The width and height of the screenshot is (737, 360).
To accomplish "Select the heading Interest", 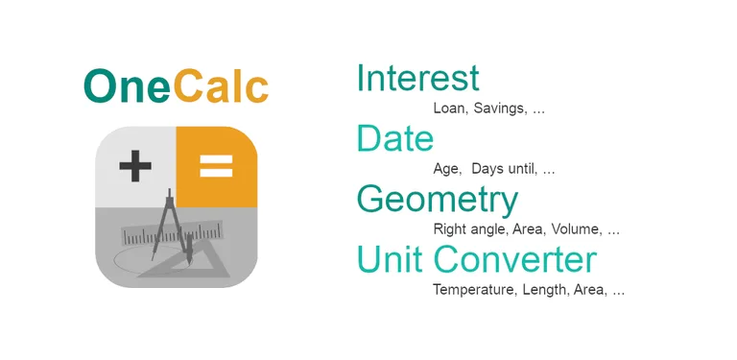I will click(417, 79).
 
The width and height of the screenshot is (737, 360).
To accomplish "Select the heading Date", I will click(394, 139).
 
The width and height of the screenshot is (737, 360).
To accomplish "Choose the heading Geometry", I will click(437, 200).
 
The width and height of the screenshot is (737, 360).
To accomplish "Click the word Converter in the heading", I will click(514, 260).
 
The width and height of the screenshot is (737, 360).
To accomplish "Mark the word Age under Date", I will click(446, 169).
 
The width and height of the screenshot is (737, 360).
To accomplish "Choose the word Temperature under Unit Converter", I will click(474, 289).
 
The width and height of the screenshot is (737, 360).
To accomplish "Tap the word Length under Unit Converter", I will click(544, 289).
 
